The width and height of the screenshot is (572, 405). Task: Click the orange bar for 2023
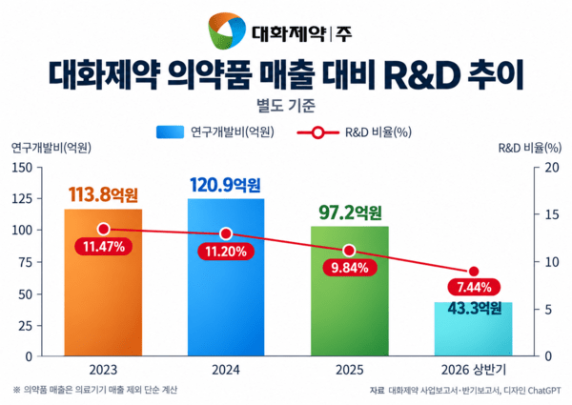coord(103,282)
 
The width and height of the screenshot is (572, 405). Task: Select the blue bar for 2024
coord(226,277)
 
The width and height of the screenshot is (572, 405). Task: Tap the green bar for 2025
coord(350,291)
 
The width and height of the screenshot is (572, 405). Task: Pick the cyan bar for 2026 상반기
coord(473,329)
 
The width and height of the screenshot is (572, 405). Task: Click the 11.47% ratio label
coord(104,247)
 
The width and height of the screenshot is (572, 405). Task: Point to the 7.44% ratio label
coord(474,287)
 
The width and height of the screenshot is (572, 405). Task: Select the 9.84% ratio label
coord(350,268)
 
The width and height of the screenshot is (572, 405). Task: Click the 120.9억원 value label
coord(225,185)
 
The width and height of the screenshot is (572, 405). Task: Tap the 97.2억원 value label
coord(350,213)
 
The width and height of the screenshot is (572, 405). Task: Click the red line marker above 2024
coord(226,233)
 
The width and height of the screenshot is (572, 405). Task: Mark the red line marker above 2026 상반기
coord(474,272)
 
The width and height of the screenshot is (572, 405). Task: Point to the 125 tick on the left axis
coord(22,199)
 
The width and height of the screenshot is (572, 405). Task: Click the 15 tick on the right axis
coord(552,214)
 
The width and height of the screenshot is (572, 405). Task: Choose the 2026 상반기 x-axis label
coord(474,370)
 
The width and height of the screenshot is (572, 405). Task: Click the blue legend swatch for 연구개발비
coord(171,132)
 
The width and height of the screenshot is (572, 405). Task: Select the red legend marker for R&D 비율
coord(317,132)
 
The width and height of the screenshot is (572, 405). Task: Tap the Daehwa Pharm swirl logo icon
coord(226,30)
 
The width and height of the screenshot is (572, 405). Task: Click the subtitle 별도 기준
coord(286,106)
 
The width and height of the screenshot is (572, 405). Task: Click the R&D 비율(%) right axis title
coord(530,148)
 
